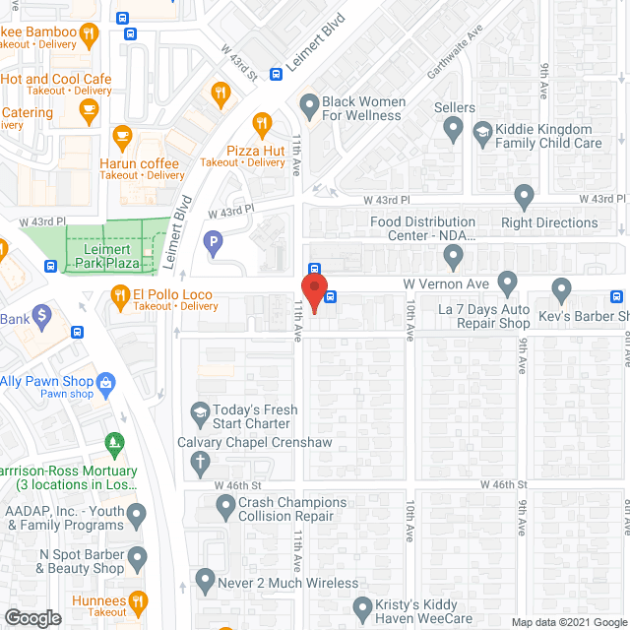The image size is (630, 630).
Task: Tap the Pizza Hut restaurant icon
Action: (262, 125)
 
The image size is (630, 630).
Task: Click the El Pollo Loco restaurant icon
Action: (120, 293)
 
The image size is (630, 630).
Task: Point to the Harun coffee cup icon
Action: (122, 135)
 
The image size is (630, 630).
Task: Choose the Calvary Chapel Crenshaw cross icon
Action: (199, 460)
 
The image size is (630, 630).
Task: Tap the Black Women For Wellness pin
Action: (309, 103)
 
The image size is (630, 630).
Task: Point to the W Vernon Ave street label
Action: (445, 283)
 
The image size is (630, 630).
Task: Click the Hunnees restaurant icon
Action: (138, 599)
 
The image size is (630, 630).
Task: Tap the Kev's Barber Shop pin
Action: (562, 289)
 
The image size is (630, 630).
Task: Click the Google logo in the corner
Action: (31, 617)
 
